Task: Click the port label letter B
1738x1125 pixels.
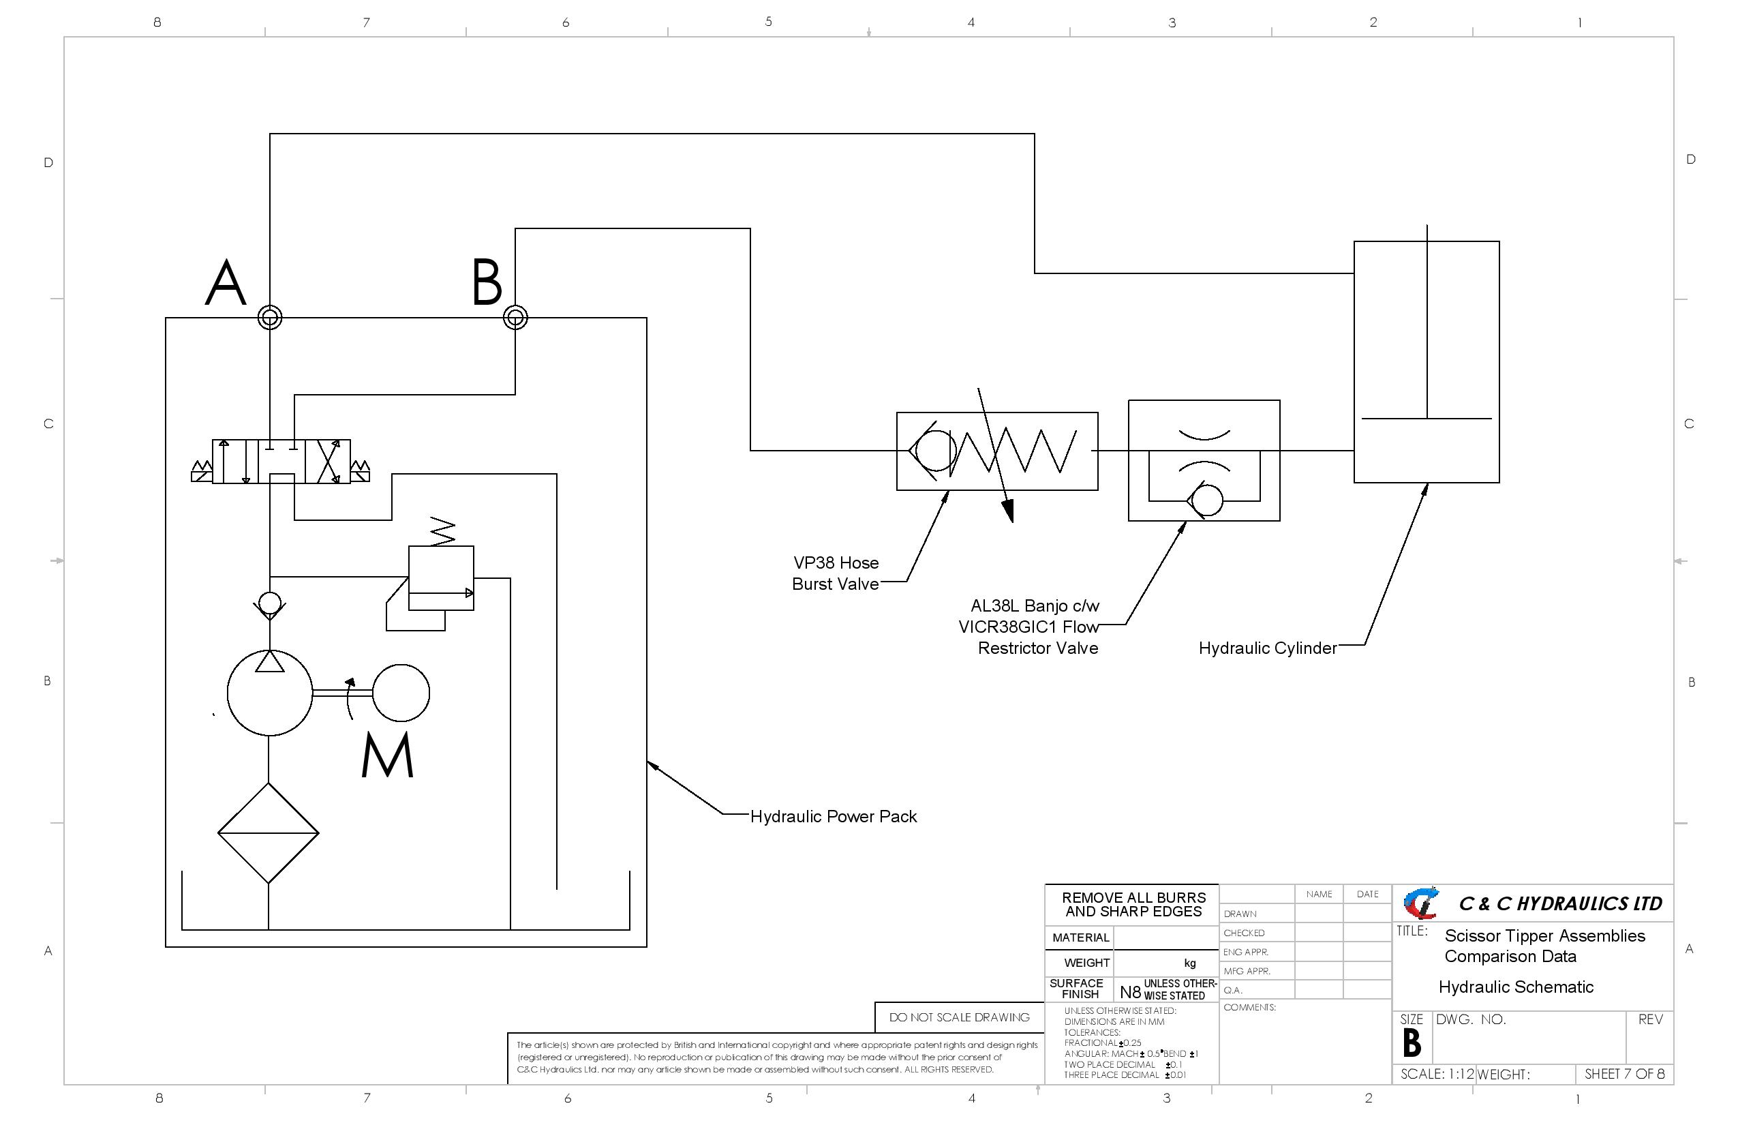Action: (487, 283)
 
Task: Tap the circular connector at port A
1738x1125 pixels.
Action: (270, 318)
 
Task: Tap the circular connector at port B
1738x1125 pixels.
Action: (515, 318)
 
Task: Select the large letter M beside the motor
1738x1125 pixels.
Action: (388, 755)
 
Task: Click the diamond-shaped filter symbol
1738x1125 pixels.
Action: (268, 832)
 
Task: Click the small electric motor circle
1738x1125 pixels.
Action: (401, 693)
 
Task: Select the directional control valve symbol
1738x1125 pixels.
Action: (281, 462)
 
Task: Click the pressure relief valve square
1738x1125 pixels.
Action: (441, 578)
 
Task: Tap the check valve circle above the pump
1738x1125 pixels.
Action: (270, 603)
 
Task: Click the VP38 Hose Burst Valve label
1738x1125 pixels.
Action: (836, 573)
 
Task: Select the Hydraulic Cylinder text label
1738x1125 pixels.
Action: (1268, 648)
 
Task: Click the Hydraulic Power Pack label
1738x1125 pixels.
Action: (833, 817)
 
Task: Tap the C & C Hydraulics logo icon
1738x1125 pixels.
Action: (1420, 903)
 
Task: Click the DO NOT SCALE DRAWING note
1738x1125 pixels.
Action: (959, 1017)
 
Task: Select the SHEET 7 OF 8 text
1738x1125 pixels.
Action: (1624, 1074)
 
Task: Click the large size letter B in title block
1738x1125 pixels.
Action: (1412, 1042)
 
